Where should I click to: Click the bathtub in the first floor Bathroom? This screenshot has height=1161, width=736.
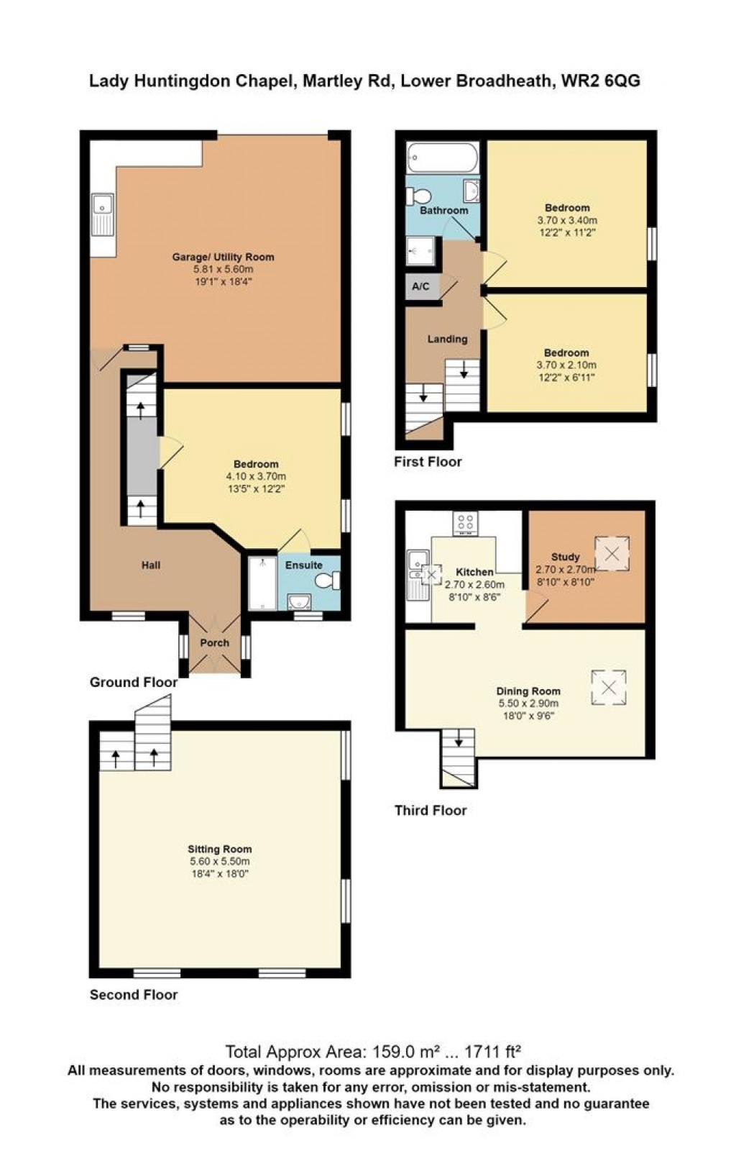[443, 158]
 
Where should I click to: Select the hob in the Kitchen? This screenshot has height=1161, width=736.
[466, 524]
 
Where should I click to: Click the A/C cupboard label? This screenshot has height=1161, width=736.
[420, 286]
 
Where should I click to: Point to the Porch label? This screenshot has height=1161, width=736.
[214, 642]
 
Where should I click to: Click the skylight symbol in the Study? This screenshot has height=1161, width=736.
[612, 554]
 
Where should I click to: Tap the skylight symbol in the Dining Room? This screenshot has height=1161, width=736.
[609, 688]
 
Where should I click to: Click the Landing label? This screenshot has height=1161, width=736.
[448, 339]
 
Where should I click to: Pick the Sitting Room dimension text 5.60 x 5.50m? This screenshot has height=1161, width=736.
[220, 862]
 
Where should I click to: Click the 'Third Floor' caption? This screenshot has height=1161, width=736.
[431, 811]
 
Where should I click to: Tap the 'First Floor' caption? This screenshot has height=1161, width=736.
[428, 462]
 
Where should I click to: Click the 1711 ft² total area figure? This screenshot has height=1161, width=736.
[492, 1052]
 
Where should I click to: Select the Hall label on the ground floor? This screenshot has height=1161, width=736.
[151, 565]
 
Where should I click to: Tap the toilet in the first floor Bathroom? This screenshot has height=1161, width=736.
[418, 196]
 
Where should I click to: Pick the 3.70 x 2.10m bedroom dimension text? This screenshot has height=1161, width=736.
[566, 365]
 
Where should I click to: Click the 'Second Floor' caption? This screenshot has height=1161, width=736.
[134, 995]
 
